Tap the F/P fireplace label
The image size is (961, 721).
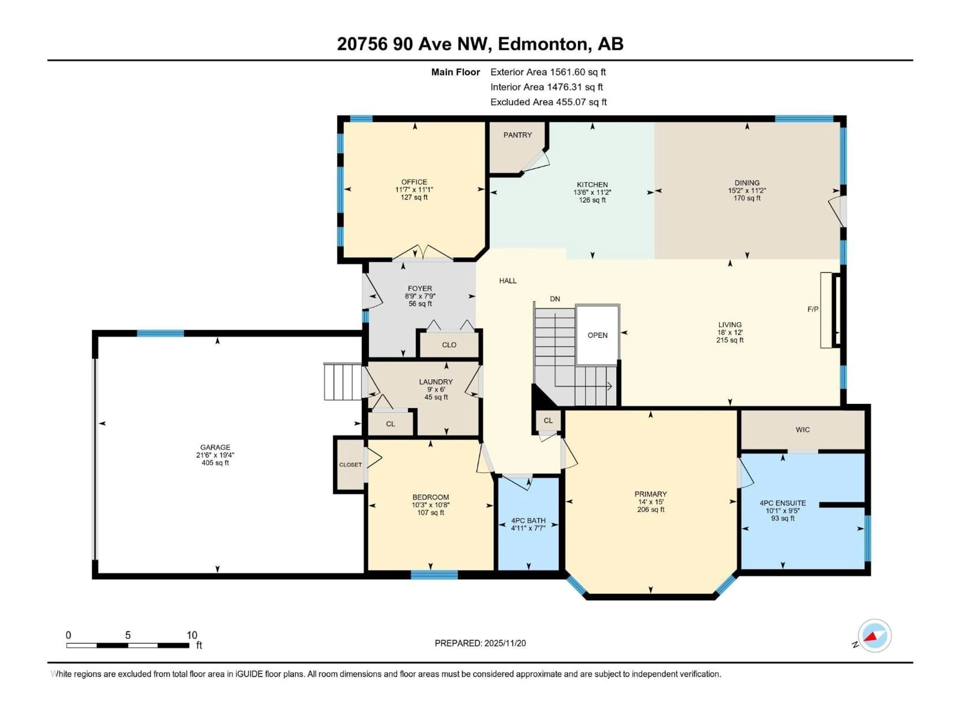point(812,309)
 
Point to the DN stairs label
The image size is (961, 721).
point(555,299)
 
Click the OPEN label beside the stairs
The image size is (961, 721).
point(597,335)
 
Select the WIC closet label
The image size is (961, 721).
point(802,430)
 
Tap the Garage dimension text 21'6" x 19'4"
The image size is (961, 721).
point(215,455)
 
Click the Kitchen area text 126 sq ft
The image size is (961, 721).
point(592,200)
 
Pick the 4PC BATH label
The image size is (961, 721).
point(528,521)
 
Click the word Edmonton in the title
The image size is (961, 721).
point(543,44)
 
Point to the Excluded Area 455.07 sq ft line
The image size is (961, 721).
point(548,102)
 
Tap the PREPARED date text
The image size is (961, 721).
point(480,643)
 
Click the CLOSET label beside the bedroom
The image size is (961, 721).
point(350,465)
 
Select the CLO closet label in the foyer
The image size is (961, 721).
point(449,345)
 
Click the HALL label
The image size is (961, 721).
point(508,281)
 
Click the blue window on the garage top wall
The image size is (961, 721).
point(160,333)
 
